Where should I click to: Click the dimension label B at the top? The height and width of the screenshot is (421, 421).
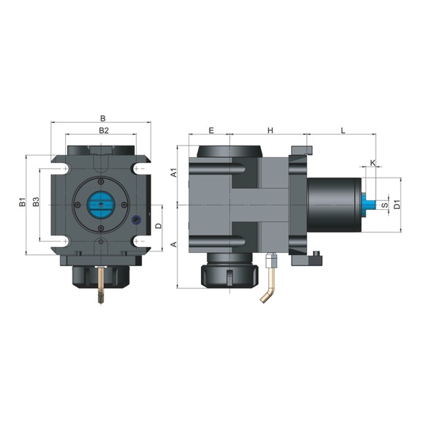(x=103, y=118)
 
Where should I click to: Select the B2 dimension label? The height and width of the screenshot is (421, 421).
(x=103, y=130)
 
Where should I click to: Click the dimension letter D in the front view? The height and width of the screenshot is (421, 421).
(x=158, y=226)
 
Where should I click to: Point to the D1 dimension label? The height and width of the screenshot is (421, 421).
(x=396, y=205)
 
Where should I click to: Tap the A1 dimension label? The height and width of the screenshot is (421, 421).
(x=174, y=173)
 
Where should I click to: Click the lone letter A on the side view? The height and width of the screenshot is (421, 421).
(x=174, y=244)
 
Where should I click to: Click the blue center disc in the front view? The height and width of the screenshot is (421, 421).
(x=101, y=205)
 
